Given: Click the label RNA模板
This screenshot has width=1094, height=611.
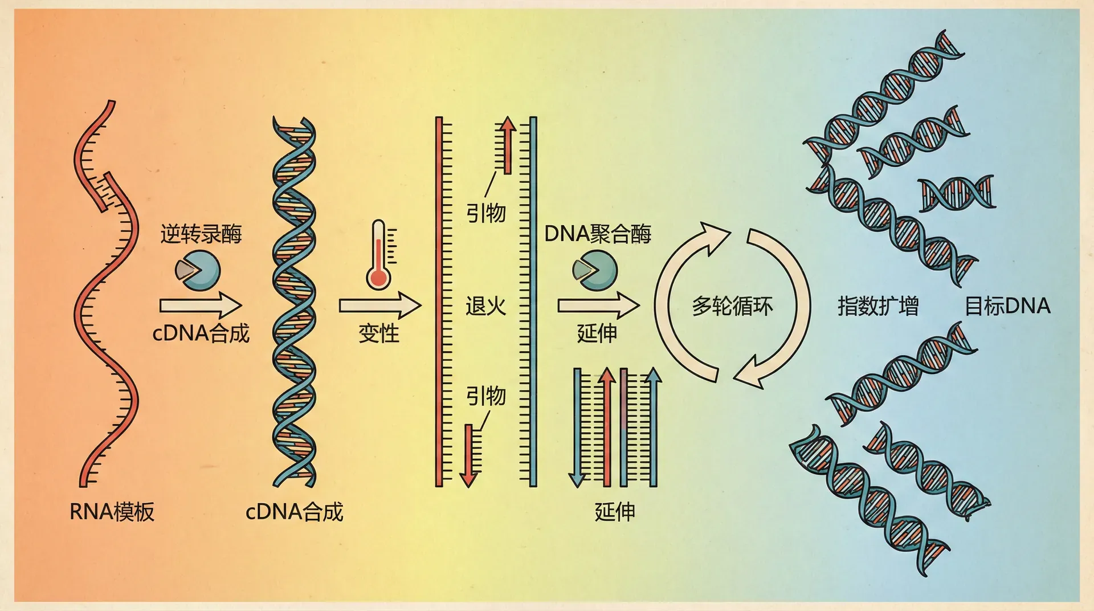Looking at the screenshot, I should click(x=112, y=511).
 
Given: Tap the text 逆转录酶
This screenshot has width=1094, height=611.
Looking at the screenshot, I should click(x=201, y=234).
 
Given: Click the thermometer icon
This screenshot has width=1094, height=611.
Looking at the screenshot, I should click(x=379, y=254).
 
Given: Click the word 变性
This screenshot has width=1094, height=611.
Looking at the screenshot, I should click(x=379, y=333).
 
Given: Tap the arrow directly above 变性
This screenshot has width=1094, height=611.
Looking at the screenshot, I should click(x=379, y=305).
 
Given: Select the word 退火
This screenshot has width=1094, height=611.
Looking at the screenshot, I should click(x=485, y=306).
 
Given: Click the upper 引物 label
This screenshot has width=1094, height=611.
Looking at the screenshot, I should click(x=485, y=213).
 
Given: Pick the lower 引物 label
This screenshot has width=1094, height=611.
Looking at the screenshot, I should click(x=485, y=396).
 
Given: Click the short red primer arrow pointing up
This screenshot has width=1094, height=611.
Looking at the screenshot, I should click(x=506, y=145).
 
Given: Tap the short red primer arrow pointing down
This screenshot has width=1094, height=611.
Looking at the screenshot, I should click(x=469, y=456).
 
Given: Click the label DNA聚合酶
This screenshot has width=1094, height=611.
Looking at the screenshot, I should click(x=598, y=234).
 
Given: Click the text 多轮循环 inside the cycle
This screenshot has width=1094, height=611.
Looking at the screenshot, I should click(x=732, y=306).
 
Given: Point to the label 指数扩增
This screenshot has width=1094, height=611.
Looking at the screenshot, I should click(x=878, y=306).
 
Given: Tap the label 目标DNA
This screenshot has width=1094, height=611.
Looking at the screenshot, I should click(x=1007, y=306).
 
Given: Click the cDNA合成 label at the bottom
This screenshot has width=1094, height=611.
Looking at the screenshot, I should click(x=294, y=511).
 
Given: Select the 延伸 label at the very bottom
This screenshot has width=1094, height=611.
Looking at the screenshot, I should click(x=614, y=511).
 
